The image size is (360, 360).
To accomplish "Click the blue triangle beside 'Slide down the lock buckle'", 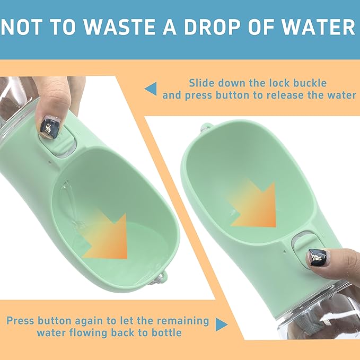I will coord(151,89).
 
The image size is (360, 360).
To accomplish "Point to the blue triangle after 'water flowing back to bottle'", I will coord(221,324).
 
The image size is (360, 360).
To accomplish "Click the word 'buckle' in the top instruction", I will coord(308,83).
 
